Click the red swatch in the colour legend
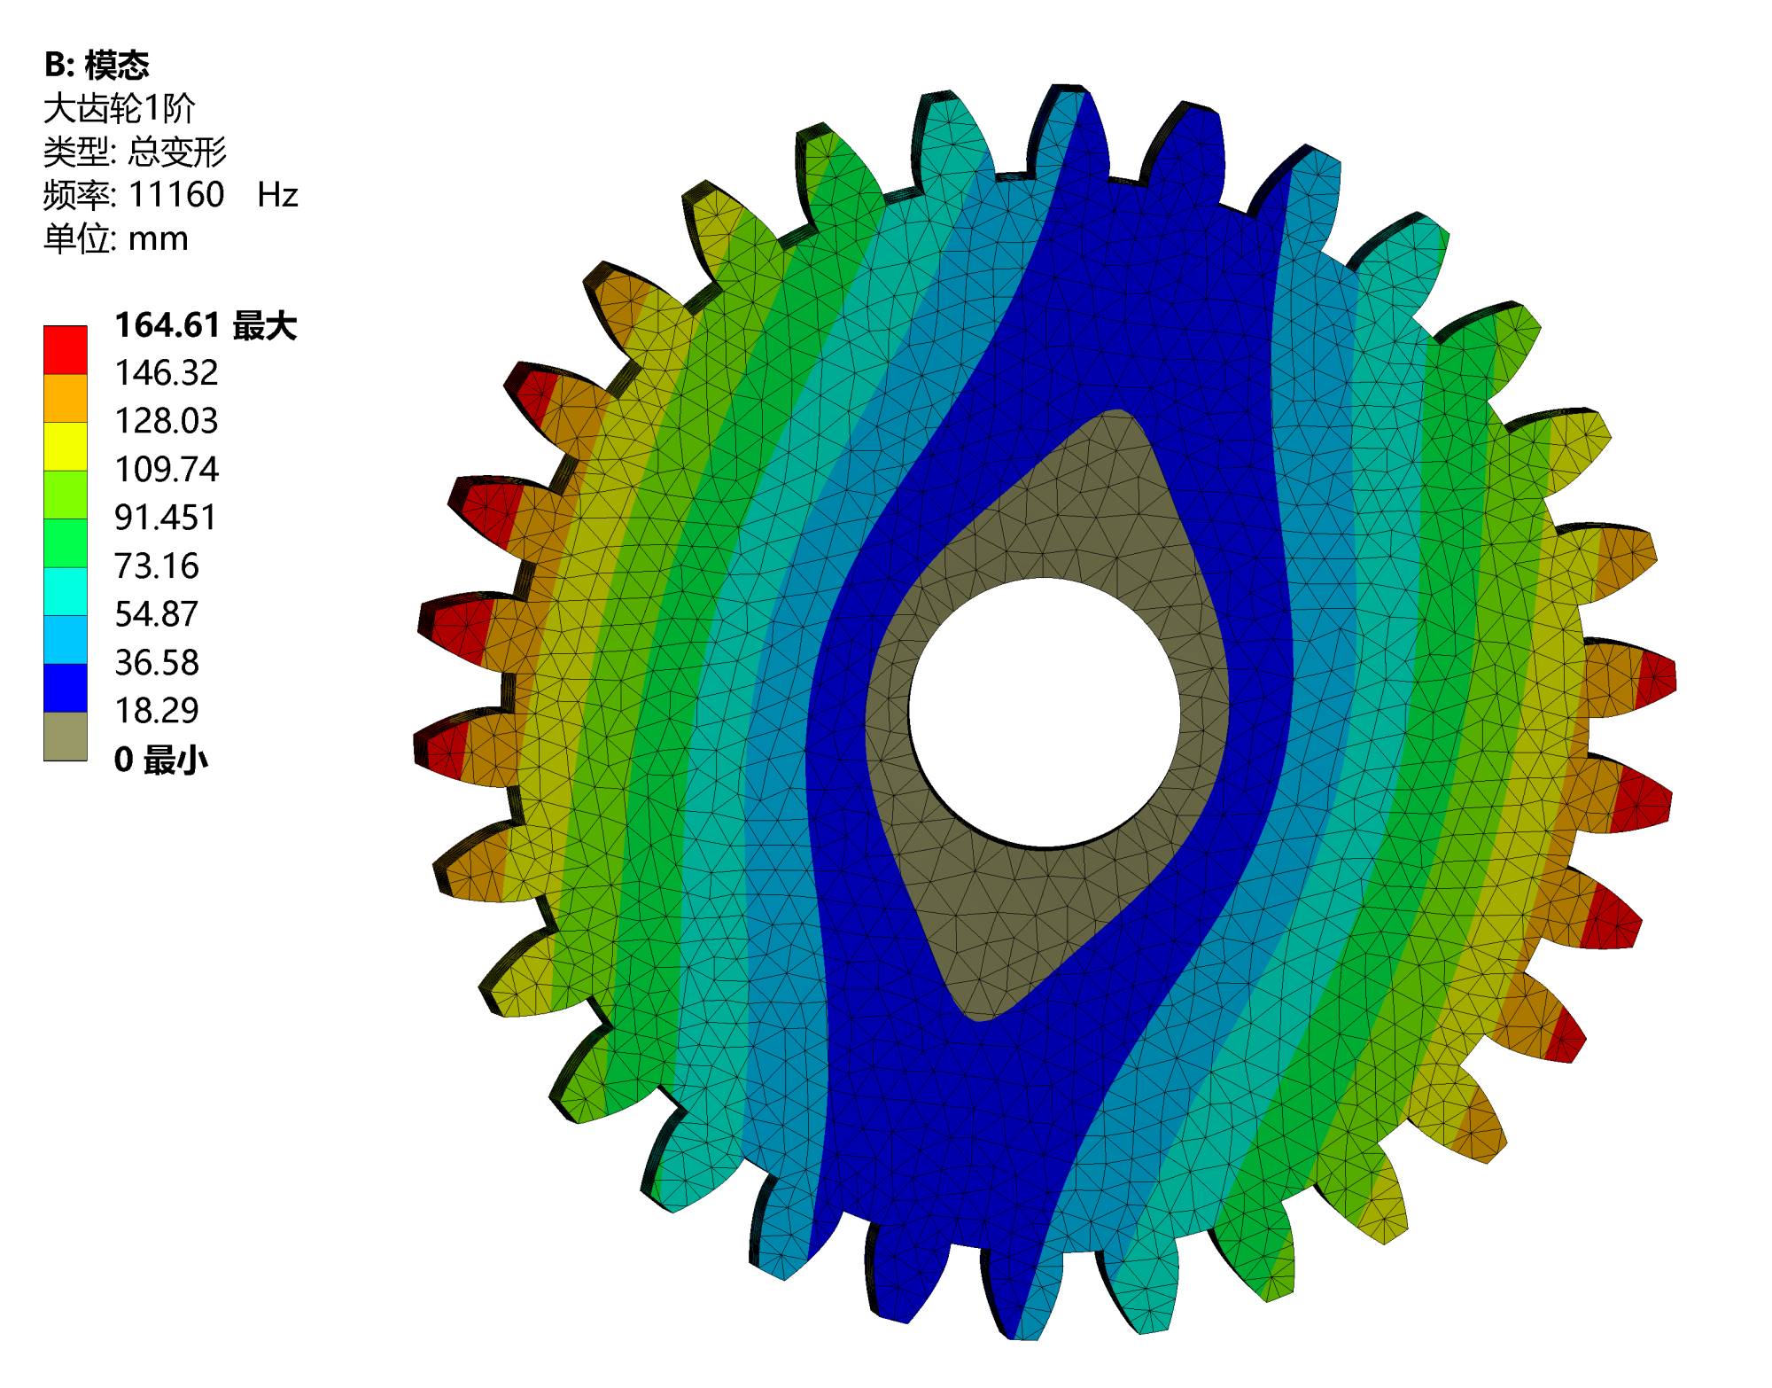[x=66, y=350]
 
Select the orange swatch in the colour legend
[x=66, y=398]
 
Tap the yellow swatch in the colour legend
[x=66, y=447]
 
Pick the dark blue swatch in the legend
[x=66, y=688]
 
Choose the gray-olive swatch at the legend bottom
[x=66, y=737]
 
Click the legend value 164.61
[x=167, y=325]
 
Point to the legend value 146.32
[x=167, y=373]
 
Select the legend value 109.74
[x=167, y=470]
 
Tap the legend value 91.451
[x=166, y=518]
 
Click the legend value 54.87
[x=157, y=614]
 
